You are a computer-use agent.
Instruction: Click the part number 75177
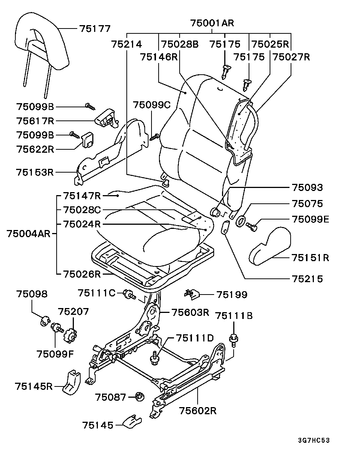pos(95,29)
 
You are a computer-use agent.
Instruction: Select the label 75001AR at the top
pos(212,23)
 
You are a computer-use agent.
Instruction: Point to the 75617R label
pos(35,121)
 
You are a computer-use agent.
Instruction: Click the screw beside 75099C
pos(154,137)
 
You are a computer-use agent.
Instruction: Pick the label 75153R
pos(35,172)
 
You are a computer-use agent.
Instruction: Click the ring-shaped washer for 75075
pos(240,221)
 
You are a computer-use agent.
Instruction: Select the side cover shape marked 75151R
pos(270,246)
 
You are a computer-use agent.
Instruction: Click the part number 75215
pos(307,279)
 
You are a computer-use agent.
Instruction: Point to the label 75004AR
pos(28,234)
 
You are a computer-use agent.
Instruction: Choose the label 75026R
pos(82,274)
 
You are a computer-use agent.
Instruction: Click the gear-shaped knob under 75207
pos(70,335)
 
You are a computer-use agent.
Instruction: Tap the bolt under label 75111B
pos(234,340)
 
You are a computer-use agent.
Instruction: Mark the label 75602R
pos(198,411)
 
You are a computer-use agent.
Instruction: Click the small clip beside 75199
pos(192,295)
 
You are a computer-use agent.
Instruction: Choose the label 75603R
pos(190,312)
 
